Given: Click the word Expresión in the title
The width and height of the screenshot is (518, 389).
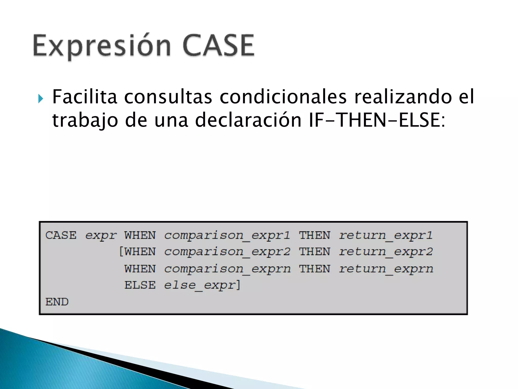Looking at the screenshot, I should click(101, 46).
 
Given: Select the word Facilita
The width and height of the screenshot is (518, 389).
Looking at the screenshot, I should click(84, 97).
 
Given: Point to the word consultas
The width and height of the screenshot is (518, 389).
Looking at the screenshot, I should click(168, 97).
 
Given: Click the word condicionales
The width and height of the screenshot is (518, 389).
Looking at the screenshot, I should click(283, 97).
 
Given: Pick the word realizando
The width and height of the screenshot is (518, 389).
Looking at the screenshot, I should click(403, 97).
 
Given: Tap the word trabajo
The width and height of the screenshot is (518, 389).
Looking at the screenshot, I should click(85, 120).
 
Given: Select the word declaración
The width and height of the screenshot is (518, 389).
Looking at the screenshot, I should click(248, 120).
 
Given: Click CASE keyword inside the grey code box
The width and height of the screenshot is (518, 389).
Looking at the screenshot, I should click(61, 235).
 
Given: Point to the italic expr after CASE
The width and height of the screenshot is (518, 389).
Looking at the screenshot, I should click(101, 236).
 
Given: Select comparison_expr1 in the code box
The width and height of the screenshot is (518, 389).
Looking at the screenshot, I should click(227, 236).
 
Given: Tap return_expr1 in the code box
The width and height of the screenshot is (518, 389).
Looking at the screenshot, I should click(385, 236).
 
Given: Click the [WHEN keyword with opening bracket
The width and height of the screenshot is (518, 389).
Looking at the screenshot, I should click(137, 252).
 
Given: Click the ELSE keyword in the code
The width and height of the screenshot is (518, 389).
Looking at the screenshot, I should click(140, 285).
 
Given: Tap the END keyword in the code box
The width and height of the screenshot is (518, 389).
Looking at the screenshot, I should click(57, 302).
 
